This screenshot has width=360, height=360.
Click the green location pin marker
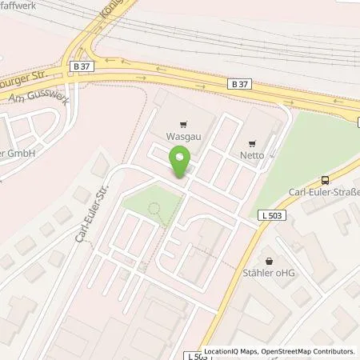click(x=181, y=162)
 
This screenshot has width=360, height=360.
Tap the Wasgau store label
click(x=183, y=137)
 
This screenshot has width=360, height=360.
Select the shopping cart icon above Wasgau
click(x=183, y=124)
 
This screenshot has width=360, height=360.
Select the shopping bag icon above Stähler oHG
click(x=270, y=261)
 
